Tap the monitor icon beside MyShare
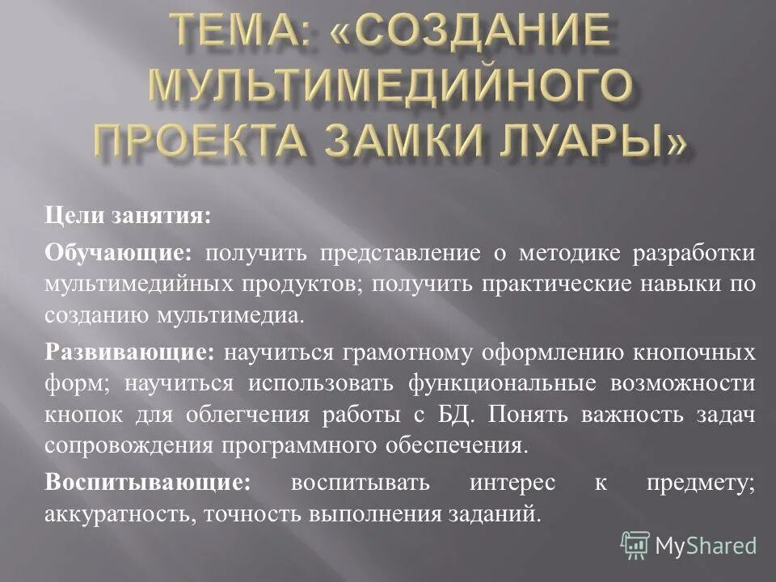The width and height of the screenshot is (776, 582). [x=635, y=545]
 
